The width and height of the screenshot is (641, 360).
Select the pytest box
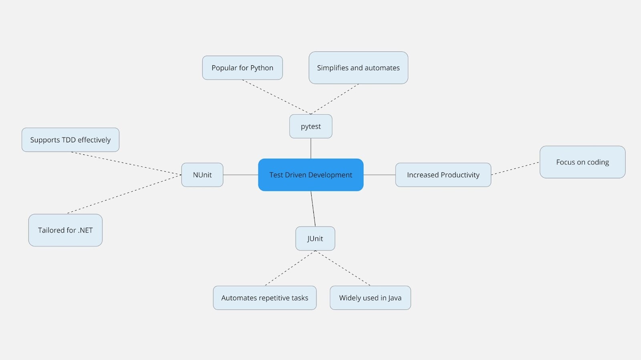click(310, 126)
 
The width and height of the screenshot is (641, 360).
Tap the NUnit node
click(202, 175)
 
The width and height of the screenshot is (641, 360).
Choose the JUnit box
click(315, 239)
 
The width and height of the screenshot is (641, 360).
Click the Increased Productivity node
click(443, 175)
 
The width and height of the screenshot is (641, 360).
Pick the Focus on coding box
click(582, 162)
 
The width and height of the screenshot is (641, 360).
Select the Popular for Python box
click(242, 68)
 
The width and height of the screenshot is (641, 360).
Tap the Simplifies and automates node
click(358, 68)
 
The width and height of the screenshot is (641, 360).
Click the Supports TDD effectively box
click(70, 140)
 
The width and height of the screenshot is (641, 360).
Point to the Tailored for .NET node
click(65, 230)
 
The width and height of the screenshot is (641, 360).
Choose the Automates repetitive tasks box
click(264, 298)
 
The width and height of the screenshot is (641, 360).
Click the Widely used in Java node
click(370, 298)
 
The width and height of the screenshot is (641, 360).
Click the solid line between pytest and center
click(311, 148)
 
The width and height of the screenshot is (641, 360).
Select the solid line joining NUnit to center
click(240, 175)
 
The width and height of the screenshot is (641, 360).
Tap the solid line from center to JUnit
click(313, 208)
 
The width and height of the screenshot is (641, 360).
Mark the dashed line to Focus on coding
click(515, 168)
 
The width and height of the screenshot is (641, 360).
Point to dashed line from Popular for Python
click(276, 97)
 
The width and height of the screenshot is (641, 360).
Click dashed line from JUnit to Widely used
click(343, 268)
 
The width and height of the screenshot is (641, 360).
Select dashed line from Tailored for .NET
click(124, 194)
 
